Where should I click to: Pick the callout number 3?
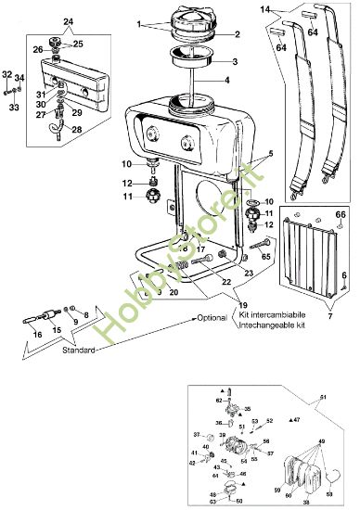(235, 61)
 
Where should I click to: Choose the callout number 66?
(340, 215)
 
